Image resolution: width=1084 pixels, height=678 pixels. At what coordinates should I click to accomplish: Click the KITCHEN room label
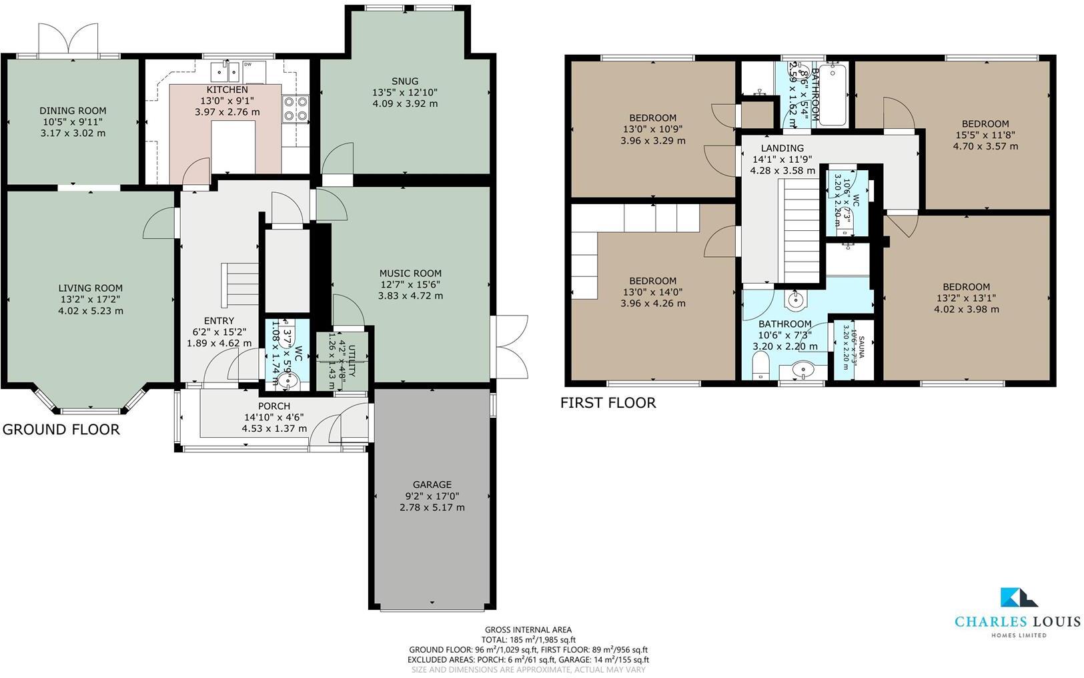pyautogui.click(x=227, y=89)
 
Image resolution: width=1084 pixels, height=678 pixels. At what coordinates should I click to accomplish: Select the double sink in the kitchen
pyautogui.click(x=226, y=70)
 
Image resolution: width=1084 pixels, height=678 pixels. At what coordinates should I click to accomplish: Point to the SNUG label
pyautogui.click(x=405, y=81)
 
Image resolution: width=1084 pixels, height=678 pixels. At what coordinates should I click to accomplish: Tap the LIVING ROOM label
pyautogui.click(x=90, y=288)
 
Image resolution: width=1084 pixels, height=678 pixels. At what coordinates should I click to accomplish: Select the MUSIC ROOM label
pyautogui.click(x=410, y=273)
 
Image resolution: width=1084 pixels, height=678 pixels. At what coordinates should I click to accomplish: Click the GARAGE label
pyautogui.click(x=432, y=484)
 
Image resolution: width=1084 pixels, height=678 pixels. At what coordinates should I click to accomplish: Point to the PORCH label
pyautogui.click(x=274, y=406)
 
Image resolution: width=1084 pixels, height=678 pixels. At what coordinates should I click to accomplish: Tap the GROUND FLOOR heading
pyautogui.click(x=61, y=429)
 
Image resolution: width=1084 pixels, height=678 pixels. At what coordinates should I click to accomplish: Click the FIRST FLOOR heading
pyautogui.click(x=608, y=402)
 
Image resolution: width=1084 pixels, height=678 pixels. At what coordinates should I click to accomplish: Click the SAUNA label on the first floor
pyautogui.click(x=861, y=347)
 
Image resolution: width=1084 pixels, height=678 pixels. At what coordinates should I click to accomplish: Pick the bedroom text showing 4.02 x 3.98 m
pyautogui.click(x=966, y=309)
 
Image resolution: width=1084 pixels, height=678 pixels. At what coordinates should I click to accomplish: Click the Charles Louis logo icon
pyautogui.click(x=1018, y=597)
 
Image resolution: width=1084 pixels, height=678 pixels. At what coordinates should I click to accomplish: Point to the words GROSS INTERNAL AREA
pyautogui.click(x=528, y=629)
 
